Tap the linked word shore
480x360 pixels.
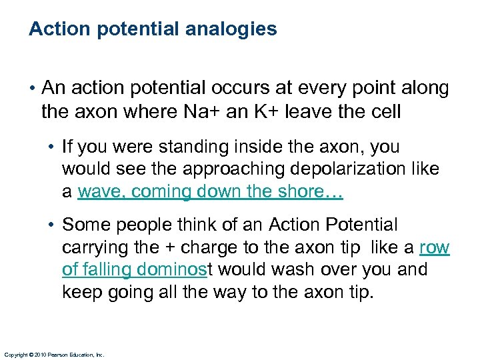pos(314,192)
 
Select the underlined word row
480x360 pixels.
pos(435,248)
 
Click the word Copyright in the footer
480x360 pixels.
pos(17,355)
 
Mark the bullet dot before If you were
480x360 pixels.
pos(53,147)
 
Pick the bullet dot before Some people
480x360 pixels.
pos(53,225)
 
